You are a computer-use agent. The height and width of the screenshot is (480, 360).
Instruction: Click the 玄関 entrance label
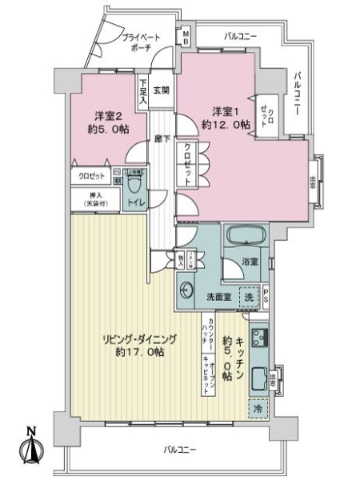[x=161, y=90]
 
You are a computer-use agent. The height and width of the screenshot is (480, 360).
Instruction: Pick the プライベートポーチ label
[x=141, y=42]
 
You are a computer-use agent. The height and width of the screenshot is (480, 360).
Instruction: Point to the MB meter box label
[x=186, y=38]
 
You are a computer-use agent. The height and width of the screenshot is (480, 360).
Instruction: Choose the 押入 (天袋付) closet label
[x=94, y=200]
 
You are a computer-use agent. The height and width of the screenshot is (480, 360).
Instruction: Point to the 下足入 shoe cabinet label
[x=142, y=90]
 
